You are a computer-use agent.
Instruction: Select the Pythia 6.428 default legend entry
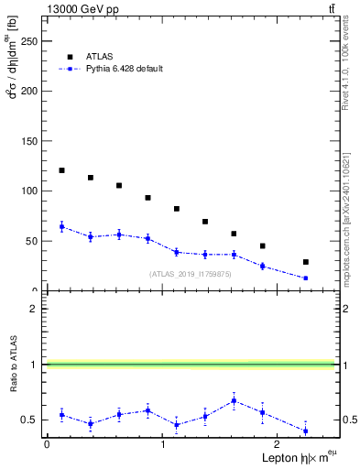pos(125,69)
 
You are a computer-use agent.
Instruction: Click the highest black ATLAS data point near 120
pos(61,170)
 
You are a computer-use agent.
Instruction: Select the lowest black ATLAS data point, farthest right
pos(306,262)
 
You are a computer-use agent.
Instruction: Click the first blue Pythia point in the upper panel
pos(61,226)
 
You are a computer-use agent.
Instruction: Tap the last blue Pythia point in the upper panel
pos(306,278)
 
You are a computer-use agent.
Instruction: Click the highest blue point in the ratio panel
pos(235,400)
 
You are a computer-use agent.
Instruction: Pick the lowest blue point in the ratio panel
pos(306,431)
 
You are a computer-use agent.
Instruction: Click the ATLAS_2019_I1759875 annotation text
pos(191,274)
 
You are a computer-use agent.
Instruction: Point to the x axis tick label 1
pos(163,444)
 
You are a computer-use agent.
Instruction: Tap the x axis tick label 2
pos(279,444)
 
